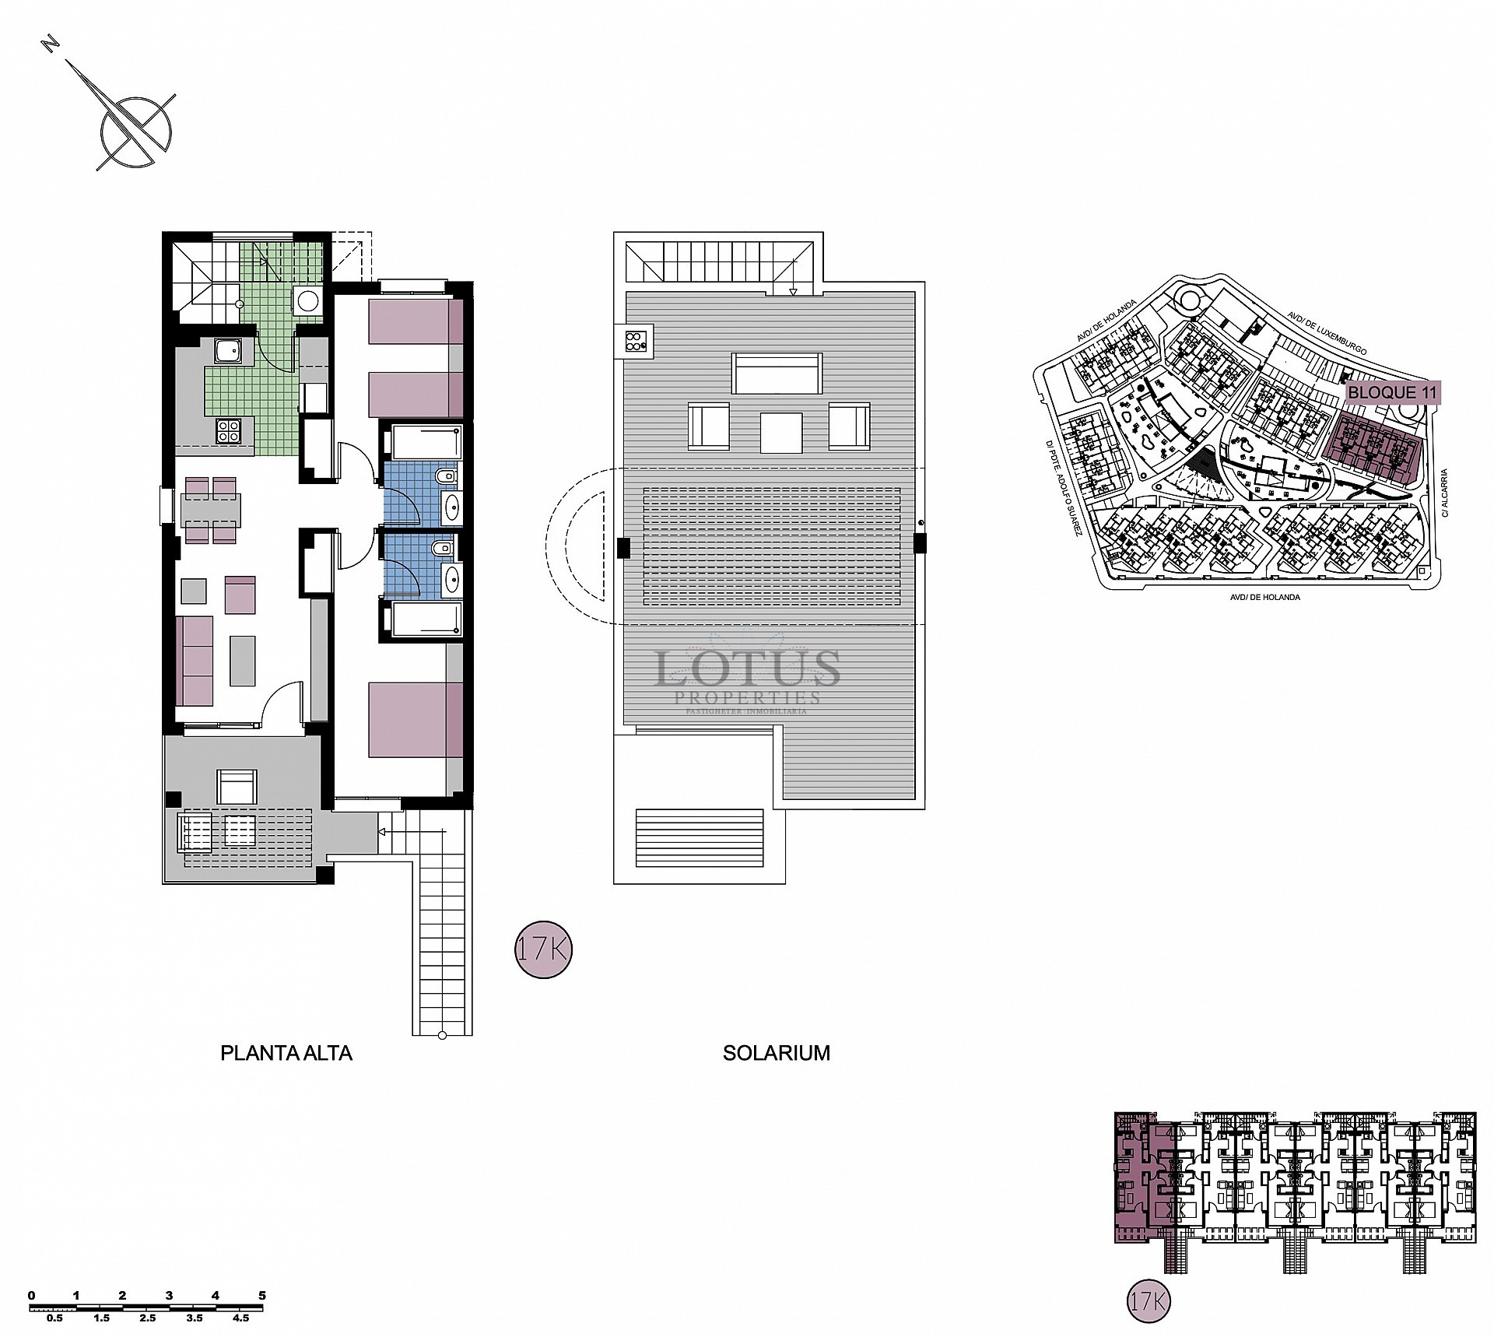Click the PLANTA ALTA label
[286, 1054]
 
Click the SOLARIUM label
[776, 1054]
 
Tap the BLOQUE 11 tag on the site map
[1392, 393]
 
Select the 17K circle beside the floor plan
[543, 949]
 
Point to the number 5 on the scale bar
[262, 1296]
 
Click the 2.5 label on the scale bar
[148, 1319]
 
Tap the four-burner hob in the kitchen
[228, 431]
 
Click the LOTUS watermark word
[747, 670]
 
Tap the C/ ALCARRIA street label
[1443, 493]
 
